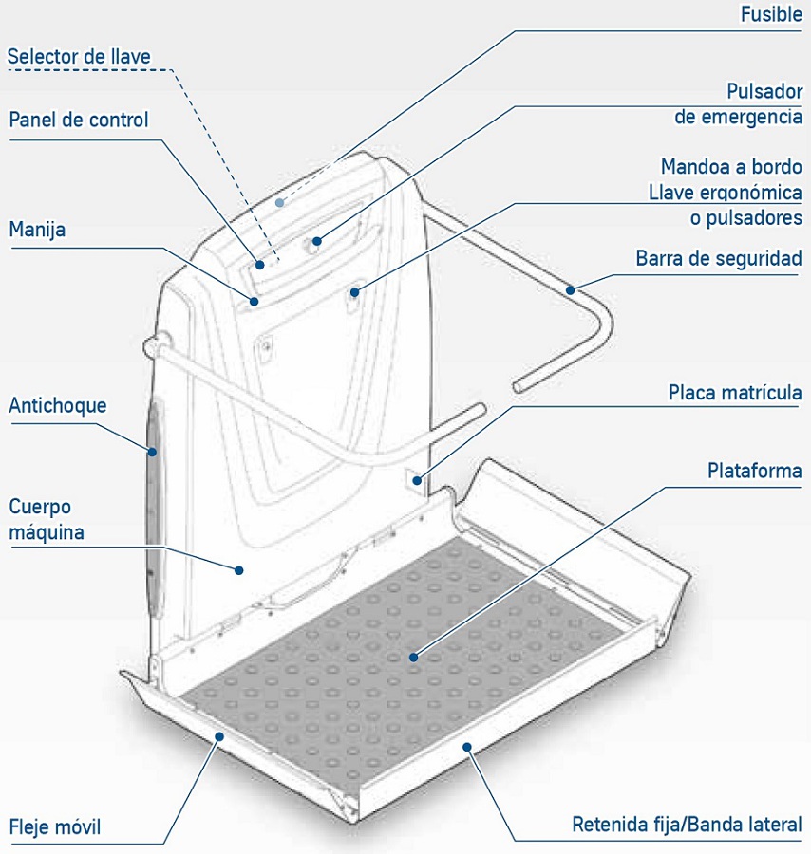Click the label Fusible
coord(770,16)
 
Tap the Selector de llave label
coord(79,56)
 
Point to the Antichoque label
coord(58,405)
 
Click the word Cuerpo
coord(40,507)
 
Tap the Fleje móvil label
coord(54,825)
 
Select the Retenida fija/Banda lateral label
coord(686,824)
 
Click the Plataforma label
coord(754,471)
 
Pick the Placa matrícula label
coord(735,392)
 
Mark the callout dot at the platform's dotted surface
coord(414,656)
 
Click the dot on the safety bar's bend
coord(570,290)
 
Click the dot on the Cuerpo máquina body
coord(239,569)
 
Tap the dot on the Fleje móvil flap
coord(219,735)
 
